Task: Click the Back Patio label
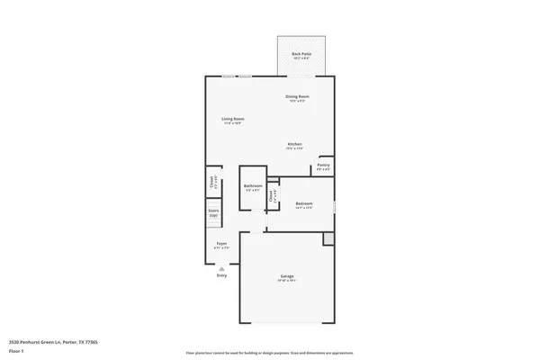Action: [301, 54]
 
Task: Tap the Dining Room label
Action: [298, 95]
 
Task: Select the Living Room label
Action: [234, 119]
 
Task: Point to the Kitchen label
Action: [294, 144]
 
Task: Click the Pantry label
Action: [324, 165]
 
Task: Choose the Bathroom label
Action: [252, 185]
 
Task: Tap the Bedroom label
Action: [303, 203]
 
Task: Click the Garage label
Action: [287, 275]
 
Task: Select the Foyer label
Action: [220, 243]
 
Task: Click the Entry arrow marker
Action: [221, 267]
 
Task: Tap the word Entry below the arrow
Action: [221, 275]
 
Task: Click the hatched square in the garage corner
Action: [328, 238]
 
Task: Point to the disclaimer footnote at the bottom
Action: [270, 353]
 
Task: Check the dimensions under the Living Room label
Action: [234, 123]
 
